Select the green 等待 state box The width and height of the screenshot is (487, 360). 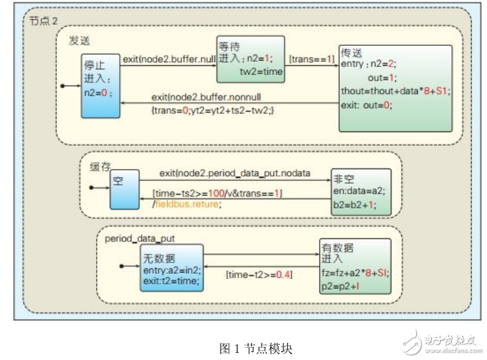point(251,59)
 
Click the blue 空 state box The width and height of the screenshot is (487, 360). point(124,189)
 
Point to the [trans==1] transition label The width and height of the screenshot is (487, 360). point(312,59)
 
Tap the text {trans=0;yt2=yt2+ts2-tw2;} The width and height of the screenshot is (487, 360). point(212,109)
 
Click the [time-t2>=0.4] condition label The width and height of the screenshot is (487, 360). point(259,274)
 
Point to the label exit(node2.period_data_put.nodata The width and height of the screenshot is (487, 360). point(235,174)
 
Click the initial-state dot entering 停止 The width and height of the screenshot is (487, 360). point(63,85)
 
